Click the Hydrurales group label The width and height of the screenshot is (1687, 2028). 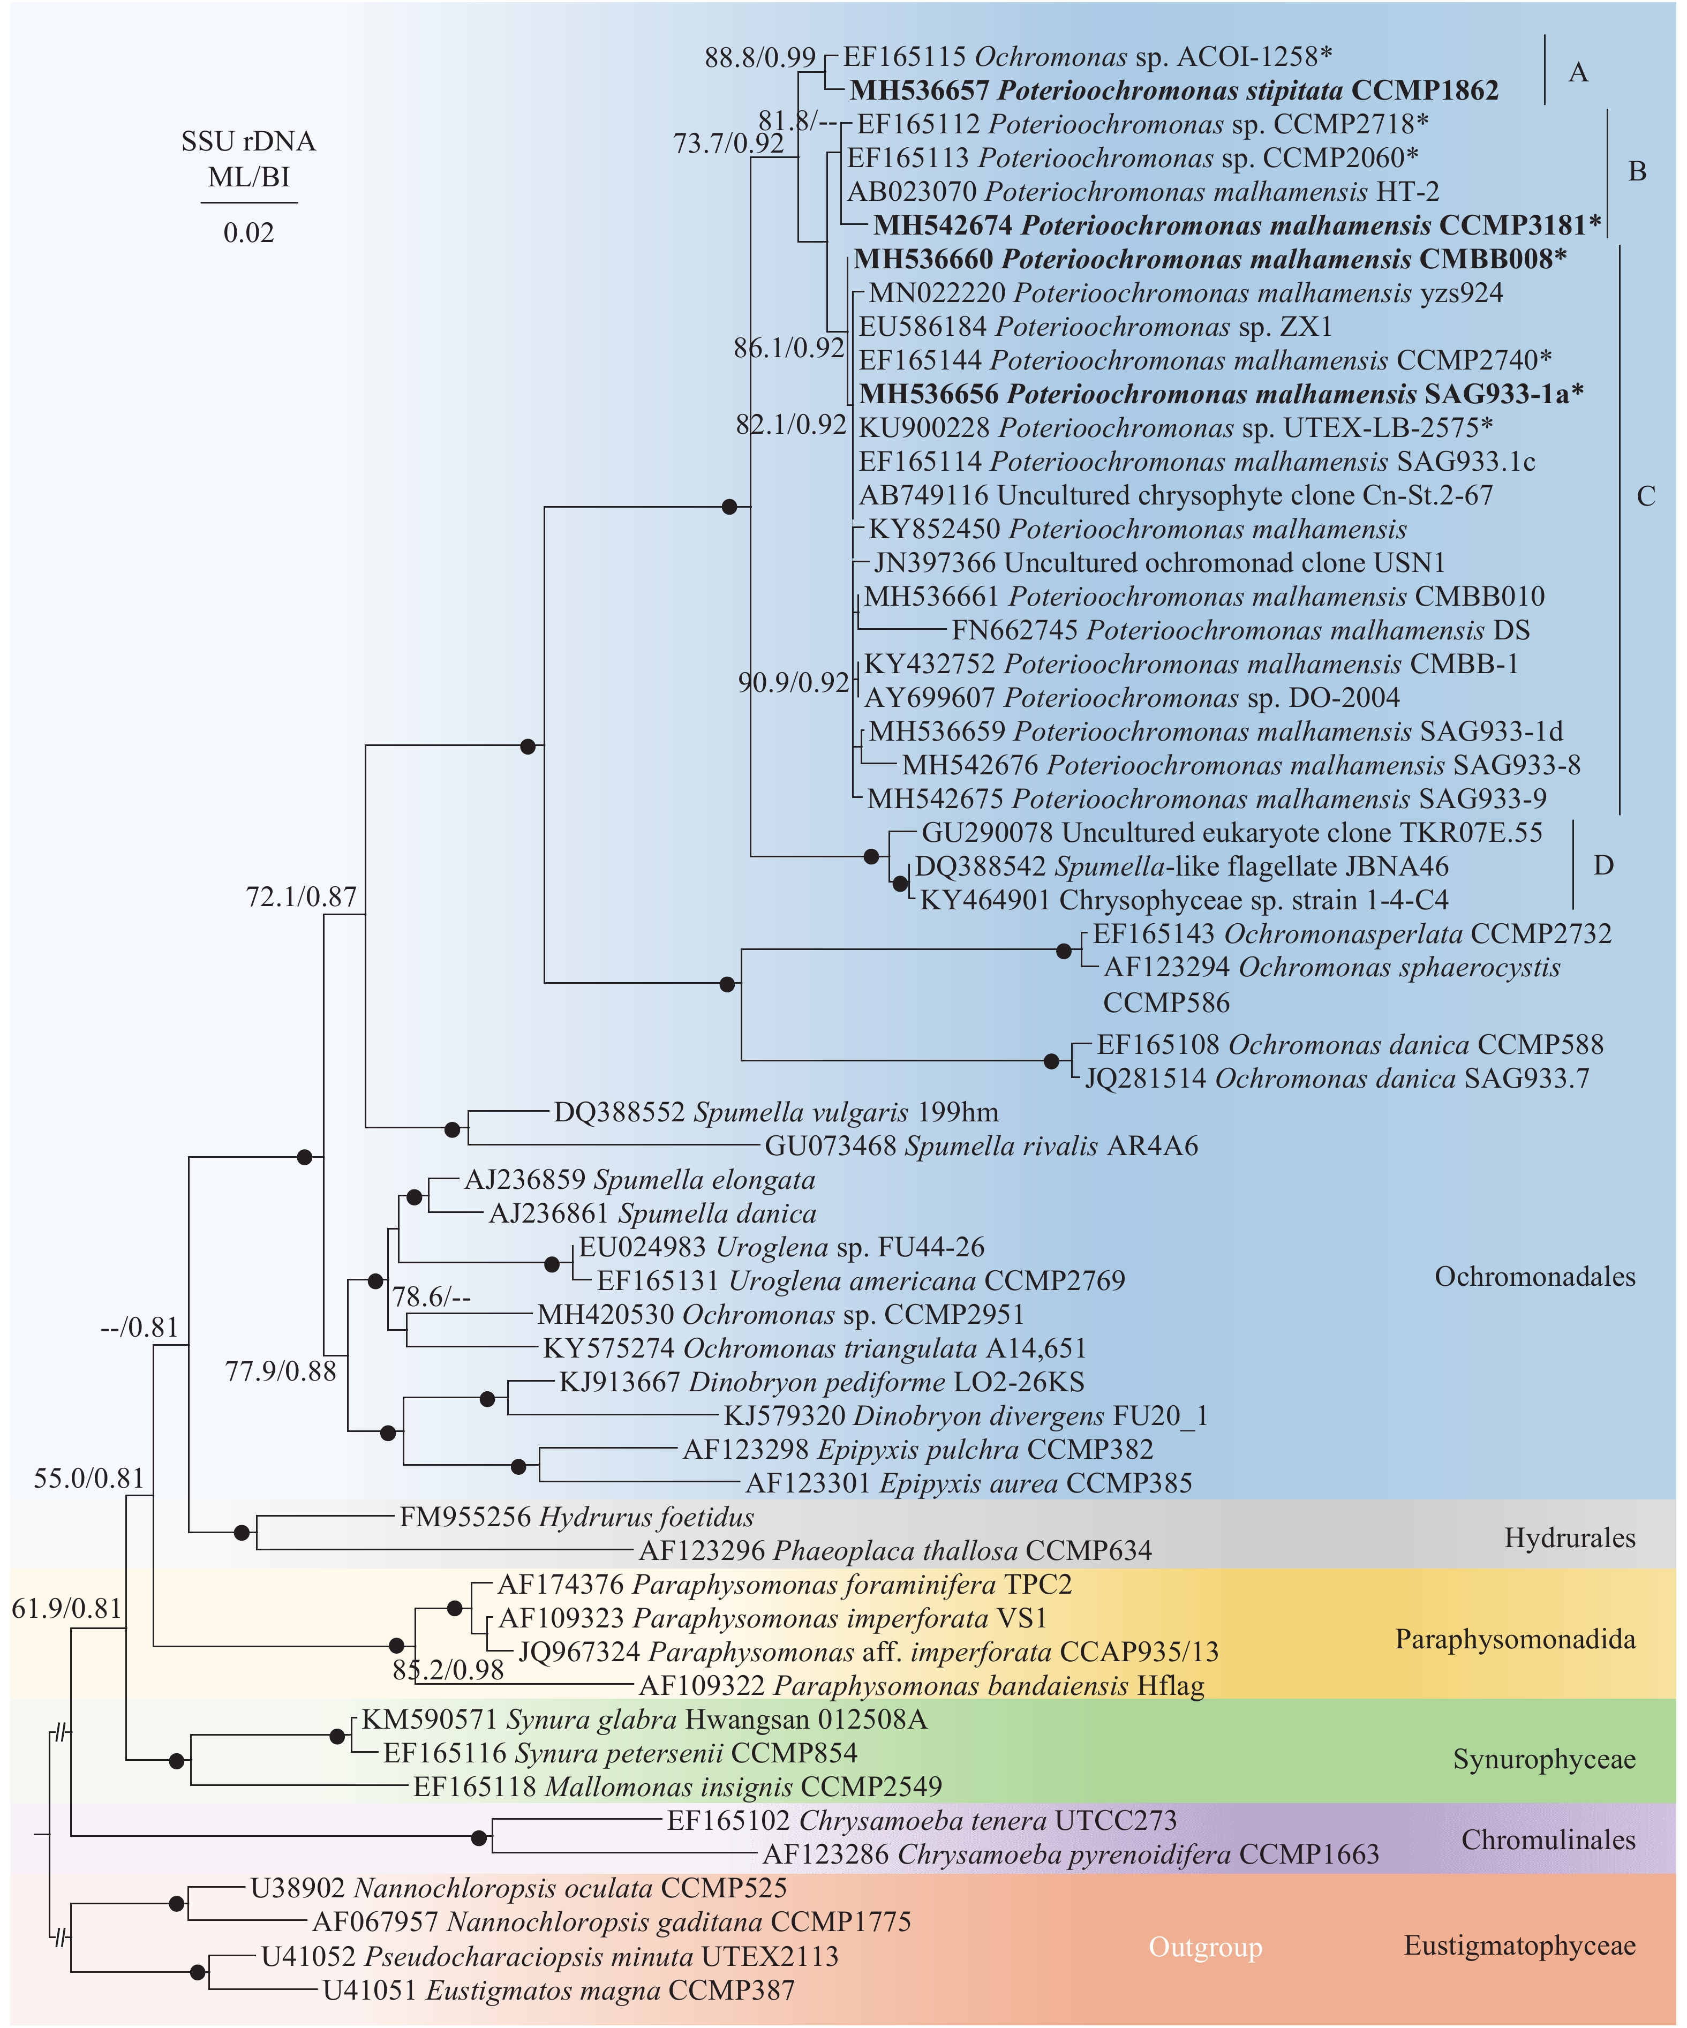tap(1569, 1537)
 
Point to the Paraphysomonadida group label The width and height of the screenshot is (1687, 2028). tap(1514, 1639)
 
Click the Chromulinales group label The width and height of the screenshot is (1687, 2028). tap(1548, 1839)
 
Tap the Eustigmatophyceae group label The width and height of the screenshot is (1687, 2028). tap(1519, 1945)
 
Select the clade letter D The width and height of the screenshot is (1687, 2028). tap(1603, 865)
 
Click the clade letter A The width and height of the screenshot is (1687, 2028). tap(1578, 72)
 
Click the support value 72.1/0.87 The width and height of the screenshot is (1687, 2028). tap(302, 897)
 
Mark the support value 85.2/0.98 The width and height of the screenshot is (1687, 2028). tap(448, 1670)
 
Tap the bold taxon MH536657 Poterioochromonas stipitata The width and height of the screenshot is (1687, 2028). tap(1173, 91)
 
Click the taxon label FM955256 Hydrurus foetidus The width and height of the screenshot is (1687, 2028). tap(576, 1517)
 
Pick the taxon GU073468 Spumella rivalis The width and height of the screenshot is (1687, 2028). tap(980, 1147)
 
